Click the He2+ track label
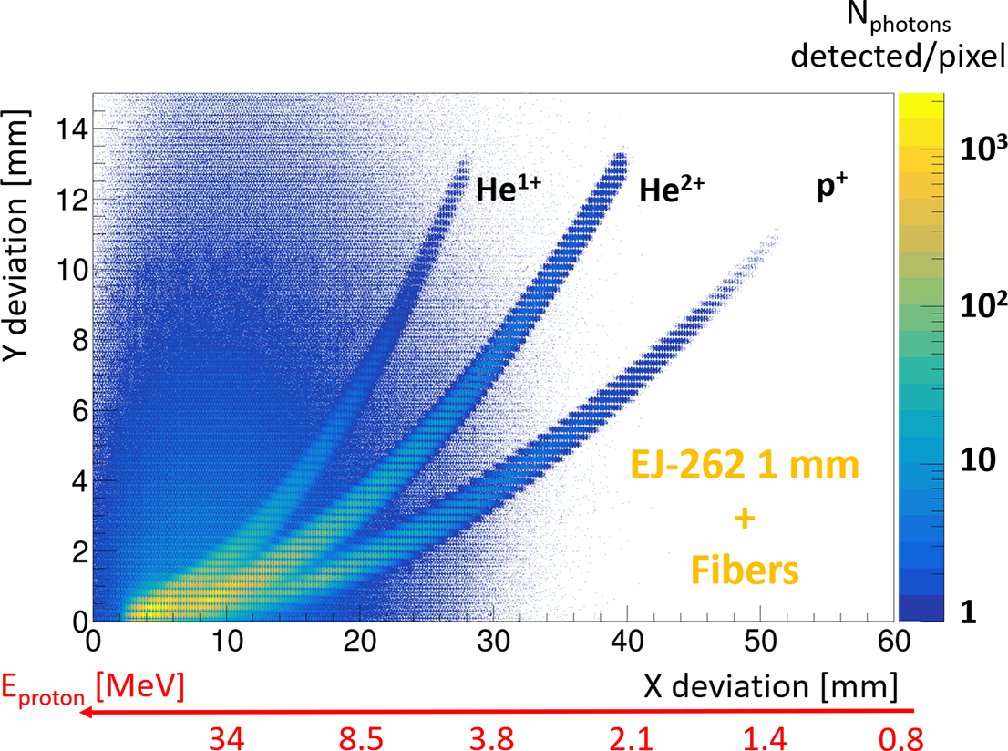(672, 188)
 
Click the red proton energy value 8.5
(361, 735)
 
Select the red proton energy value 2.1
(629, 735)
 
